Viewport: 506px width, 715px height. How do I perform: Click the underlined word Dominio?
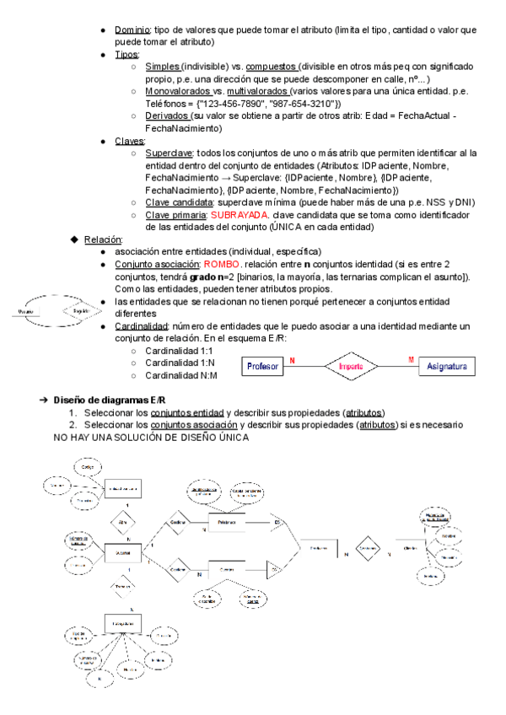pyautogui.click(x=132, y=30)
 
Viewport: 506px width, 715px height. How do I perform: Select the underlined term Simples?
pyautogui.click(x=161, y=67)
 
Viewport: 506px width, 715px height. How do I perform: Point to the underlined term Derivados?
pyautogui.click(x=167, y=116)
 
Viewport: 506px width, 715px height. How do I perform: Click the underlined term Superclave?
pyautogui.click(x=169, y=153)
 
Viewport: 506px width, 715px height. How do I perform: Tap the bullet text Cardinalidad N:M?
pyautogui.click(x=180, y=375)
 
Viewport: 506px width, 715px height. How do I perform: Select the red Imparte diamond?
pyautogui.click(x=351, y=367)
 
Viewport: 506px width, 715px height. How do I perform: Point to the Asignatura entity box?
pyautogui.click(x=448, y=367)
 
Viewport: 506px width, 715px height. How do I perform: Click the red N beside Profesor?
pyautogui.click(x=292, y=360)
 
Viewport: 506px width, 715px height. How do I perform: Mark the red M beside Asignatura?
pyautogui.click(x=411, y=360)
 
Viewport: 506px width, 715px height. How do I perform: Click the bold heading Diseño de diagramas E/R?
pyautogui.click(x=109, y=399)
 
